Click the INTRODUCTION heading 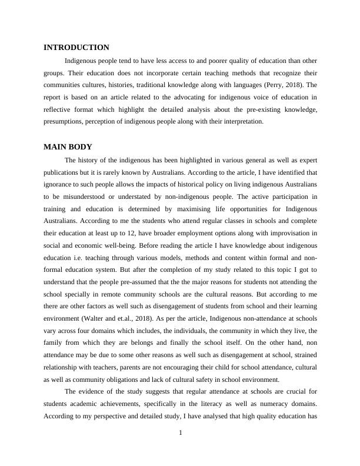[x=76, y=47]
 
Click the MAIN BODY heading [x=68, y=147]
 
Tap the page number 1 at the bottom [x=181, y=434]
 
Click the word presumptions [x=64, y=122]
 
